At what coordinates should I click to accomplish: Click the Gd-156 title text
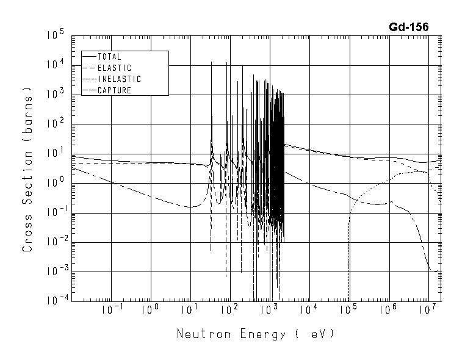pyautogui.click(x=408, y=27)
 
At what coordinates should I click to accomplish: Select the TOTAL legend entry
pyautogui.click(x=109, y=57)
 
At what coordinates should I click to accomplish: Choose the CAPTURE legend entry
pyautogui.click(x=114, y=90)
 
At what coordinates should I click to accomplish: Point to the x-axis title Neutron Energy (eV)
pyautogui.click(x=255, y=334)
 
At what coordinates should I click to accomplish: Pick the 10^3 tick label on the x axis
pyautogui.click(x=269, y=309)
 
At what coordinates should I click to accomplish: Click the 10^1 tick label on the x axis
pyautogui.click(x=190, y=309)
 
